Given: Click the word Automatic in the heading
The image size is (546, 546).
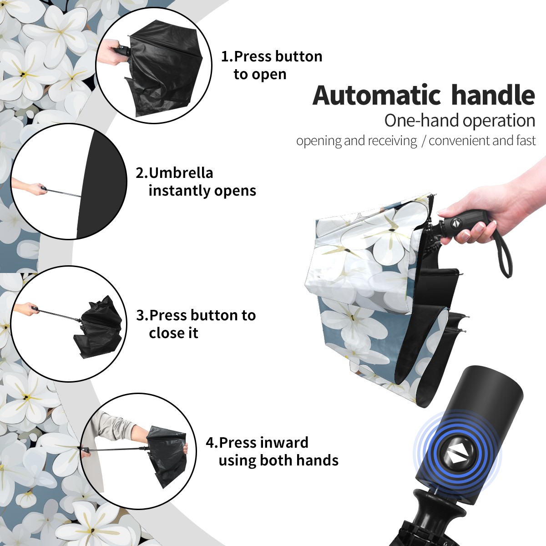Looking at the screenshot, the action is tap(377, 95).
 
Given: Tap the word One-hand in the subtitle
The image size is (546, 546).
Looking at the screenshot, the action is tap(422, 121).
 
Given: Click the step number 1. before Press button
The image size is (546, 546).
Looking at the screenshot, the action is tap(227, 56).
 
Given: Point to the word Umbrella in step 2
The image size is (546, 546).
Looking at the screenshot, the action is tap(181, 173).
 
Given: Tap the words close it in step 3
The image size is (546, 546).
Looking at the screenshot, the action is tap(173, 333).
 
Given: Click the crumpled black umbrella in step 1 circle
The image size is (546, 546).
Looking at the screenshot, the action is tap(164, 70).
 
